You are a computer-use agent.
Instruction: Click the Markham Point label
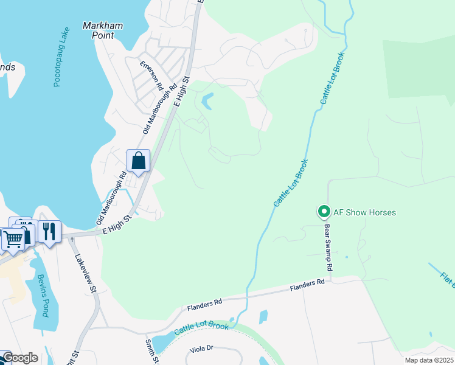(102, 31)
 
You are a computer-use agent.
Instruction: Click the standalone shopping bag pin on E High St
(139, 161)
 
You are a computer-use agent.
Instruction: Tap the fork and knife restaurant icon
(49, 232)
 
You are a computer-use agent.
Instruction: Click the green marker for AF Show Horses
(324, 212)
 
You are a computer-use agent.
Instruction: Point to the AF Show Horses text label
(364, 212)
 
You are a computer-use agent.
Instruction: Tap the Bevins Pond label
(41, 296)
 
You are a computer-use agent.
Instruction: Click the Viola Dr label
(201, 349)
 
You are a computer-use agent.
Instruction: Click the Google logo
(19, 358)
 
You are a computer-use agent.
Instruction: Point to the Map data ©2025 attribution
(429, 360)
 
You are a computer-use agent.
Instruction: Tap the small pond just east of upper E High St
(207, 101)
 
